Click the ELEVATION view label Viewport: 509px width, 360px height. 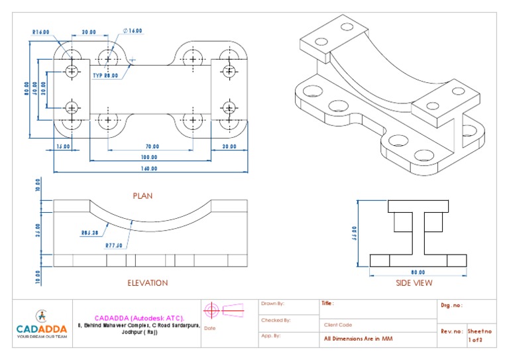point(147,282)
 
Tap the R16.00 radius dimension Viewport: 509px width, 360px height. point(42,31)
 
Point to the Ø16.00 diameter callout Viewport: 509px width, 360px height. point(133,31)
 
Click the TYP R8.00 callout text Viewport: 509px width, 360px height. point(105,76)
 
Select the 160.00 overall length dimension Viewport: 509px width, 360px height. point(148,168)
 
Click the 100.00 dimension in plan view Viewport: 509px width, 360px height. point(148,157)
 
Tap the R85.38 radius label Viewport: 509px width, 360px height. point(89,233)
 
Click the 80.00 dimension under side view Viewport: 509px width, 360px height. point(418,271)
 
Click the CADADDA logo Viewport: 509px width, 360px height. point(42,323)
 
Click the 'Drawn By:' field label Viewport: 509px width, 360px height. point(272,304)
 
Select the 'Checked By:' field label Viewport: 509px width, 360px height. point(276,320)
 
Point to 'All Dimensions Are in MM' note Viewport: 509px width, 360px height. point(357,337)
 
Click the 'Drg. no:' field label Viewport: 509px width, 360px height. point(451,306)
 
